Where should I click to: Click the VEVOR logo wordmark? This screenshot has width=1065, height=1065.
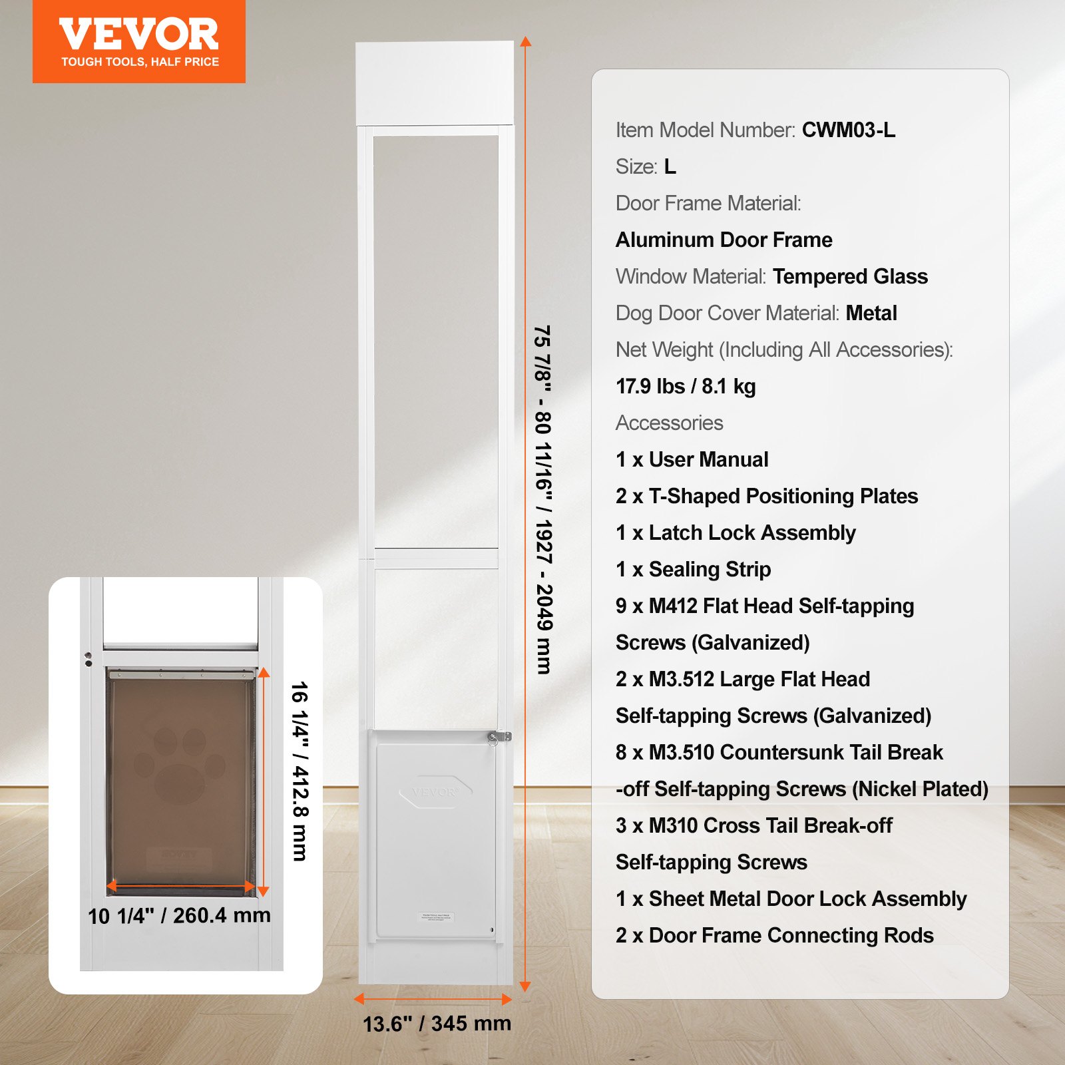tap(138, 34)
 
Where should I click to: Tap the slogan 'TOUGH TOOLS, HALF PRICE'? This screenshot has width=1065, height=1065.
tap(140, 62)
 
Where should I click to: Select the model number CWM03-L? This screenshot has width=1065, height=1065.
tap(848, 130)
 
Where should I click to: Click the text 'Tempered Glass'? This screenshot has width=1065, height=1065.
tap(850, 276)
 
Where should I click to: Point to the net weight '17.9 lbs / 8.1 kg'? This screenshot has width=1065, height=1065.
tap(686, 386)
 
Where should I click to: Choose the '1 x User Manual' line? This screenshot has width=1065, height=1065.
tap(692, 459)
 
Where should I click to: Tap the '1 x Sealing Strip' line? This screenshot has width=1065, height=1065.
tap(693, 569)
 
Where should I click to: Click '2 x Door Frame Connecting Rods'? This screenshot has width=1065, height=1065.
tap(774, 935)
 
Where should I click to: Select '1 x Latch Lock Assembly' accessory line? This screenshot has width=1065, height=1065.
tap(736, 532)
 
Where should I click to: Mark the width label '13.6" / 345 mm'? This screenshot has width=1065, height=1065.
tap(437, 1023)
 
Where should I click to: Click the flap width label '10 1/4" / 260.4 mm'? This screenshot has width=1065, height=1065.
tap(179, 916)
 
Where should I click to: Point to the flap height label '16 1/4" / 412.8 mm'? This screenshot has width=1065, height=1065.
tap(300, 771)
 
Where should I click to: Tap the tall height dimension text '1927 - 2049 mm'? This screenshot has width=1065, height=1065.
tap(544, 597)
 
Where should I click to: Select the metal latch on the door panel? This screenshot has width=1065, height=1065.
tap(499, 737)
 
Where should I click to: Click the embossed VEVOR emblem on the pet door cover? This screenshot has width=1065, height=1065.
tap(435, 791)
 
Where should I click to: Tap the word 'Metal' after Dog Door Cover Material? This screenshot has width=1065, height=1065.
tap(871, 313)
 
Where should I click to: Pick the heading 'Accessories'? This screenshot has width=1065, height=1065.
tap(669, 423)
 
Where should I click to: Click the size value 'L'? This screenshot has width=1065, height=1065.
tap(670, 166)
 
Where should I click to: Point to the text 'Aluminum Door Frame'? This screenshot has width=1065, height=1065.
tap(724, 240)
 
